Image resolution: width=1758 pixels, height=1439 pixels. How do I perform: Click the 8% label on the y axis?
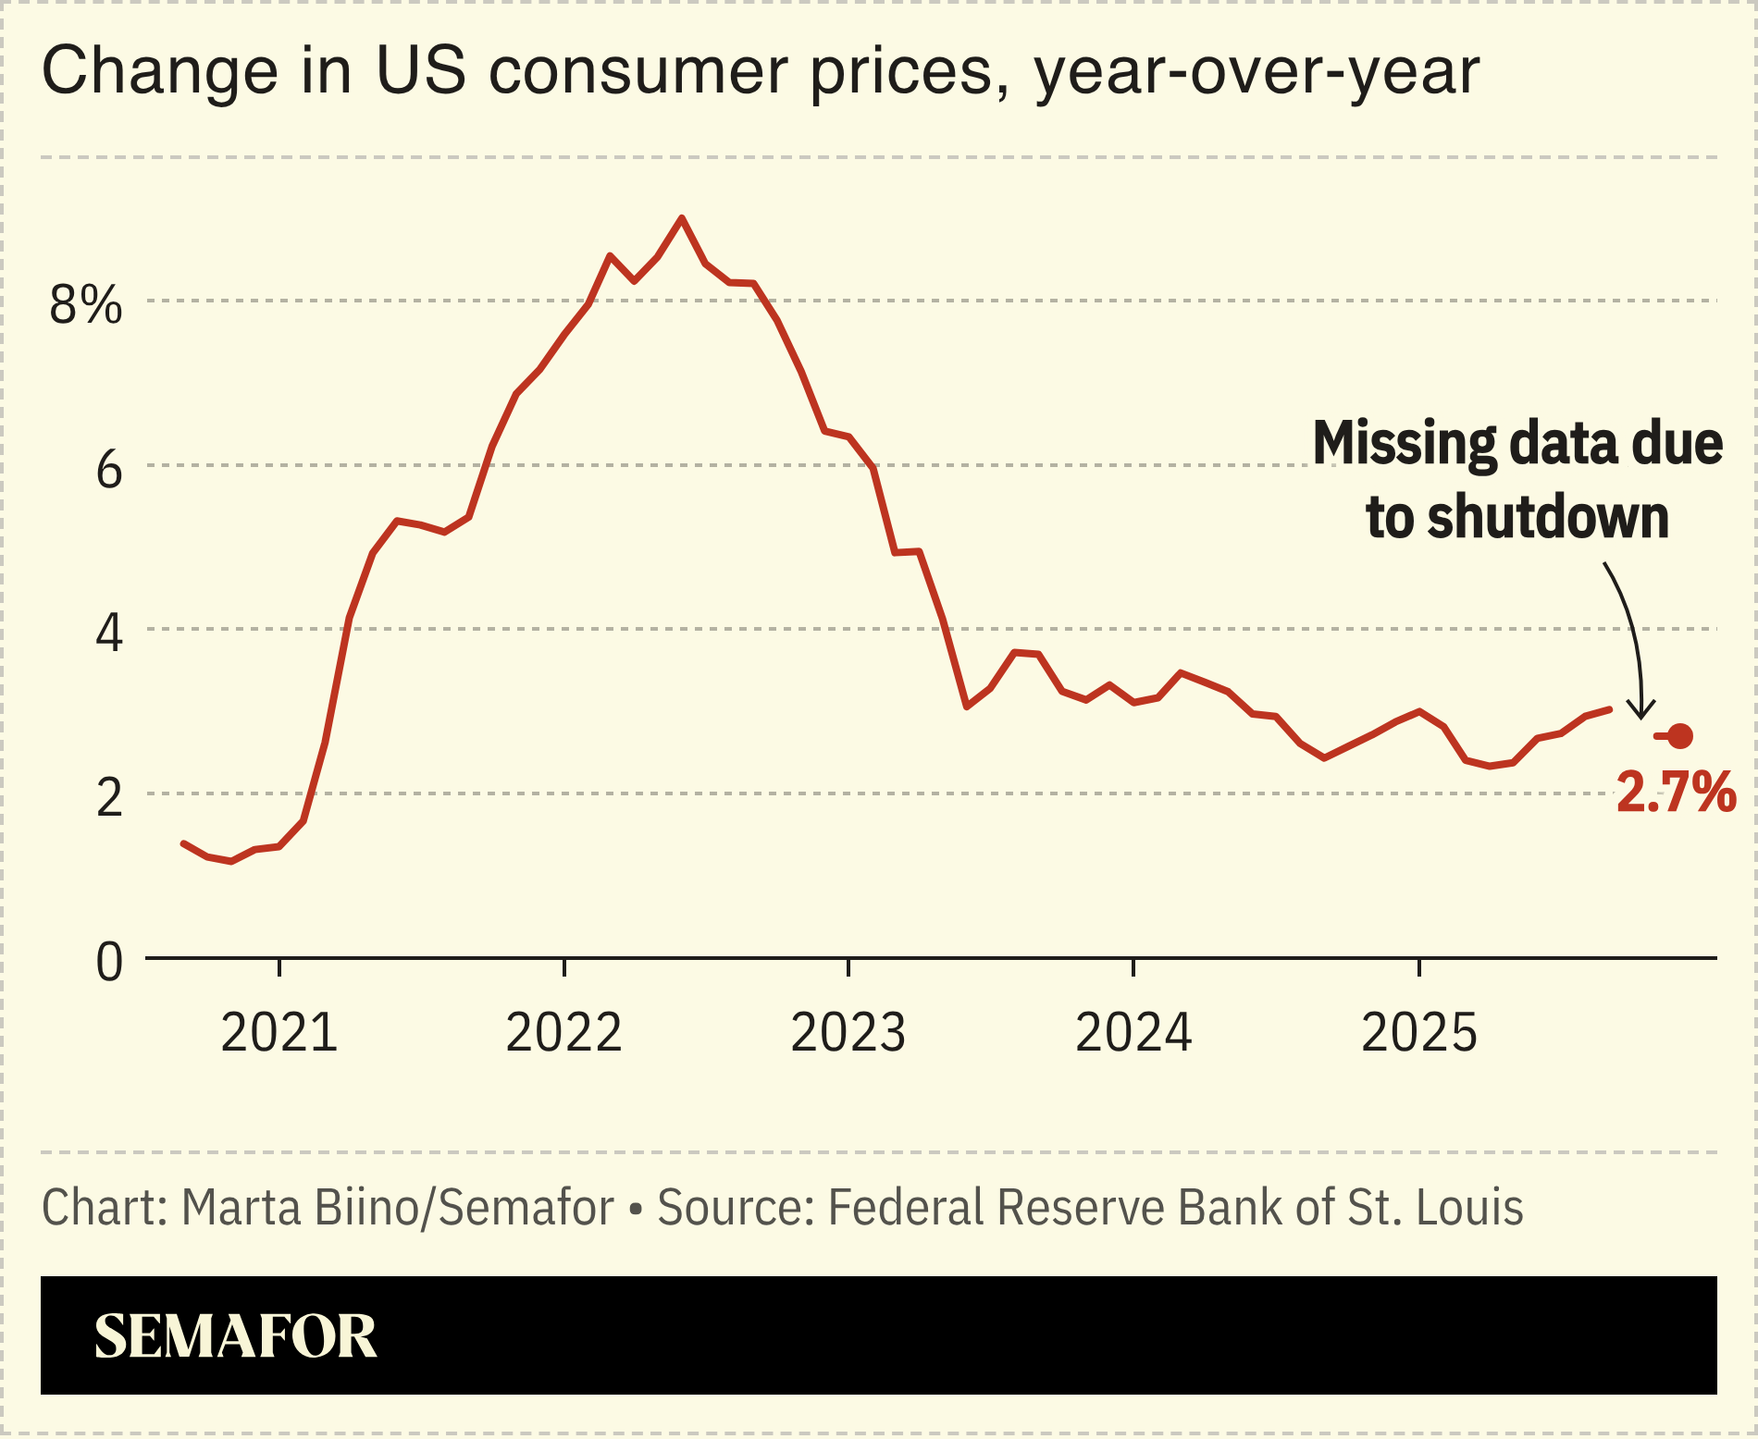click(85, 304)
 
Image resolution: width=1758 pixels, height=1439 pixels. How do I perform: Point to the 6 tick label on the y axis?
click(108, 470)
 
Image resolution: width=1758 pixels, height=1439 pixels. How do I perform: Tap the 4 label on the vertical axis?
click(108, 634)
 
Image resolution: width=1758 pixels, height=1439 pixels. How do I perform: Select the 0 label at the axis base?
click(108, 963)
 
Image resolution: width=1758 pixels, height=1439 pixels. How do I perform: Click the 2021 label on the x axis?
click(279, 1033)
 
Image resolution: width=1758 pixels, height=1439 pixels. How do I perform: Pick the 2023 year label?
click(848, 1033)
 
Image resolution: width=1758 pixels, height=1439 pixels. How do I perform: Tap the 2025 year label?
click(1418, 1033)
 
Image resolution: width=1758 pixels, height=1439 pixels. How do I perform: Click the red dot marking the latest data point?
click(1680, 736)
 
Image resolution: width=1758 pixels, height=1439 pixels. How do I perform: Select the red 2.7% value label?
click(1676, 793)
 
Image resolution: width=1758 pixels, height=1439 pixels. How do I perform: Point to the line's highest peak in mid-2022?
click(682, 218)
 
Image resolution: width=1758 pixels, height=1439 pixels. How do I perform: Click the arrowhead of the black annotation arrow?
click(1641, 715)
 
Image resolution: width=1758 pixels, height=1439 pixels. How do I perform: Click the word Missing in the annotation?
click(1404, 443)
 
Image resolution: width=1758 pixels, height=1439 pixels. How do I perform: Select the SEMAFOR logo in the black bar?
click(235, 1336)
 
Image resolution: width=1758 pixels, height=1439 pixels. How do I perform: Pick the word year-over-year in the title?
click(1257, 71)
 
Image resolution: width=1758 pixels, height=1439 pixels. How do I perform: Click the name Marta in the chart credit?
click(241, 1208)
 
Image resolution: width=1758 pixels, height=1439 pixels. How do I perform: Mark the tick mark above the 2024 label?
click(1133, 967)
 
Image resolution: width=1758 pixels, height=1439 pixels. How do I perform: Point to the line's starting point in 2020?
click(183, 843)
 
